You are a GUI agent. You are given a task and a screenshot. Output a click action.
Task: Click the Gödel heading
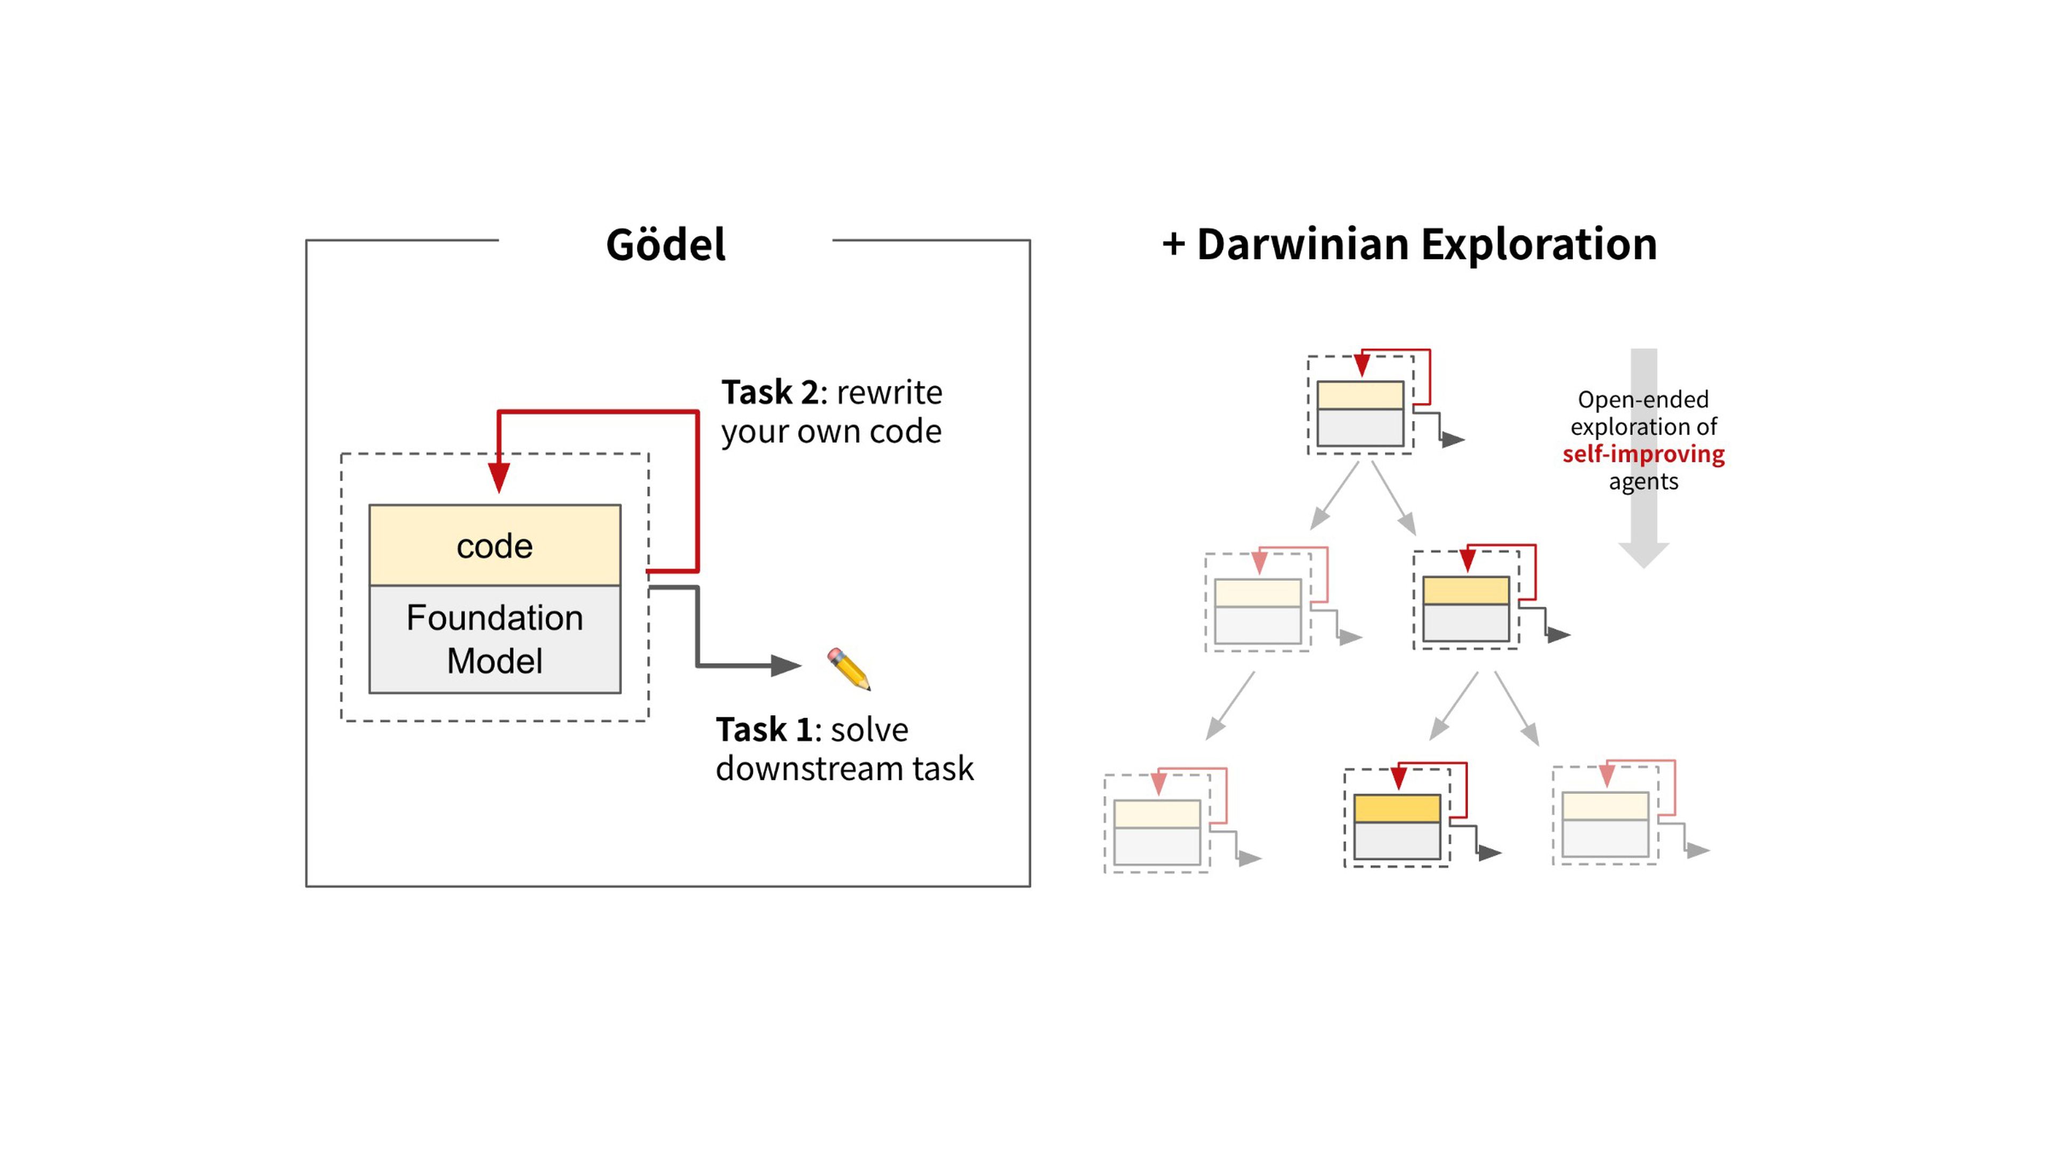(665, 245)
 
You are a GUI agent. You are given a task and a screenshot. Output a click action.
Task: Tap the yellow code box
(494, 546)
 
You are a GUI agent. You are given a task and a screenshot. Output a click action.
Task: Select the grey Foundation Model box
(494, 639)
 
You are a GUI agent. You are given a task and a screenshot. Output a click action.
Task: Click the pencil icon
(849, 668)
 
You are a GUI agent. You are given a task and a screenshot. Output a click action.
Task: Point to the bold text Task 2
(768, 392)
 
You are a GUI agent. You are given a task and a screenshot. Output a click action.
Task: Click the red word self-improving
(1643, 455)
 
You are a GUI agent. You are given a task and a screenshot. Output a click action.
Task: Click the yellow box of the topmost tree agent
(1360, 395)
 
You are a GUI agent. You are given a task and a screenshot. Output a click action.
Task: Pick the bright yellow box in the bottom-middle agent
(1397, 809)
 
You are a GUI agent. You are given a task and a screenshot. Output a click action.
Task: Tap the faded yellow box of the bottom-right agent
(1605, 806)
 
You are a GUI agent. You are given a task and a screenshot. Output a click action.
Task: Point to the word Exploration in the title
(1538, 245)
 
